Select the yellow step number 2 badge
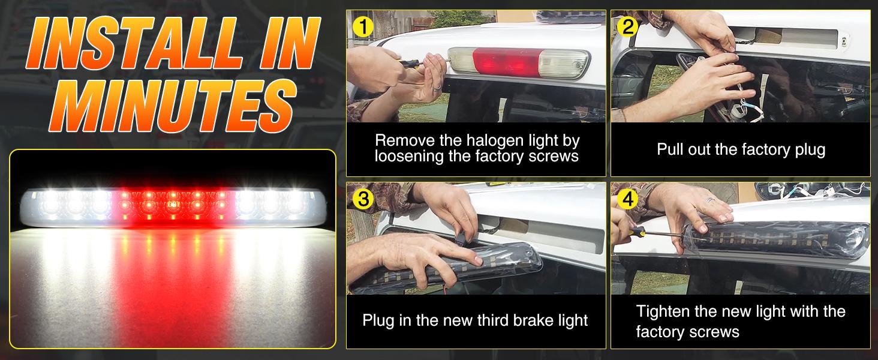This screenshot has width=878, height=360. coord(627,26)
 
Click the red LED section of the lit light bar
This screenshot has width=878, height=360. coord(173,205)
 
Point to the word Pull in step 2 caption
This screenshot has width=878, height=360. coord(670,149)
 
